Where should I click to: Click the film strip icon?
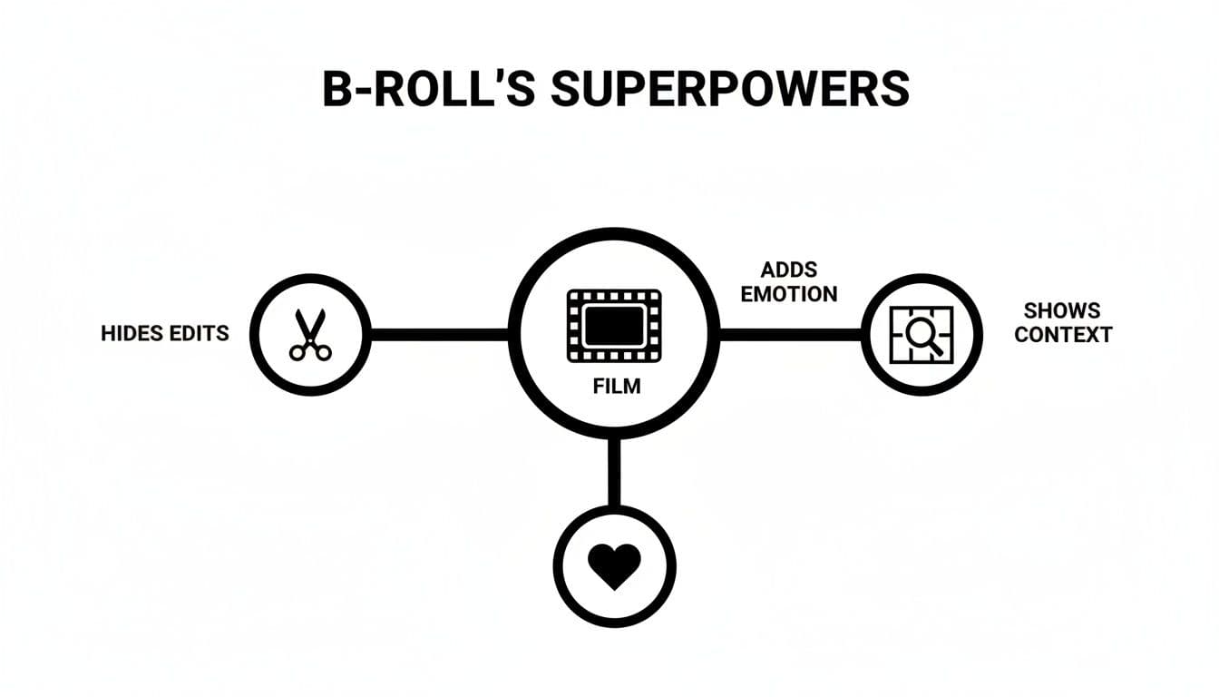pyautogui.click(x=614, y=326)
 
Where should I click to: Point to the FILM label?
pyautogui.click(x=616, y=387)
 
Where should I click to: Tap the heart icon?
pyautogui.click(x=614, y=565)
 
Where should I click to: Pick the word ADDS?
pyautogui.click(x=789, y=270)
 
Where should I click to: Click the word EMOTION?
pyautogui.click(x=789, y=294)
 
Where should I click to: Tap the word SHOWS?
pyautogui.click(x=1062, y=310)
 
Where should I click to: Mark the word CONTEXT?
pyautogui.click(x=1062, y=335)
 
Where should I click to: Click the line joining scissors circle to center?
pyautogui.click(x=439, y=334)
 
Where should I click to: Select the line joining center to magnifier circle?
pyautogui.click(x=790, y=335)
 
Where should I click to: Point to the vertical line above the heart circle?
pyautogui.click(x=614, y=472)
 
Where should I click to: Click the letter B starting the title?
pyautogui.click(x=338, y=89)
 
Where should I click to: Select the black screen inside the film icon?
pyautogui.click(x=614, y=325)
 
